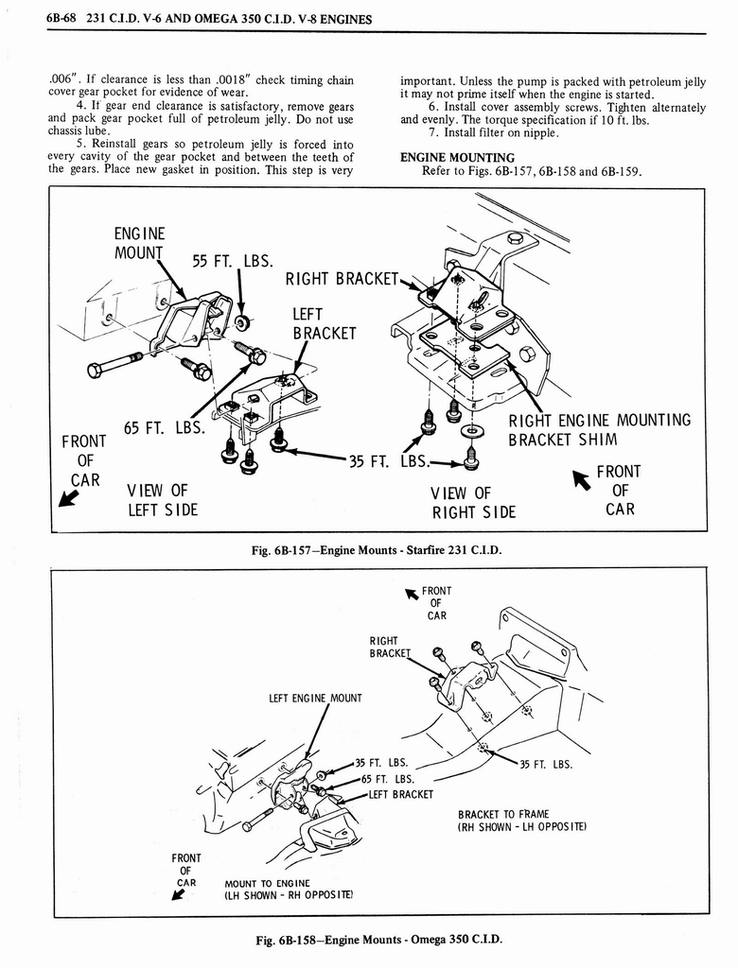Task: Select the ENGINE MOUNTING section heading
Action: click(x=457, y=157)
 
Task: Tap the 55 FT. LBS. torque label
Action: click(x=233, y=261)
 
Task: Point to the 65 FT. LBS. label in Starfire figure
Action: click(x=165, y=426)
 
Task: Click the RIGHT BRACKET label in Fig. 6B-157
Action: click(x=343, y=278)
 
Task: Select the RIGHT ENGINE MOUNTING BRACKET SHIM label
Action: click(x=599, y=430)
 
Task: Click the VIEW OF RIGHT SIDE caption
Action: click(x=473, y=502)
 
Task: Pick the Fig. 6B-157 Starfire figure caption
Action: click(x=369, y=550)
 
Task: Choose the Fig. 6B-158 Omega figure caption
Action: click(x=369, y=939)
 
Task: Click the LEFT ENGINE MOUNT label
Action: click(x=315, y=699)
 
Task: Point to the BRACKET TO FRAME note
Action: click(x=521, y=820)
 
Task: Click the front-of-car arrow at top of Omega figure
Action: click(x=413, y=594)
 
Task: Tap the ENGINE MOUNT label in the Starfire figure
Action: click(x=139, y=243)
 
